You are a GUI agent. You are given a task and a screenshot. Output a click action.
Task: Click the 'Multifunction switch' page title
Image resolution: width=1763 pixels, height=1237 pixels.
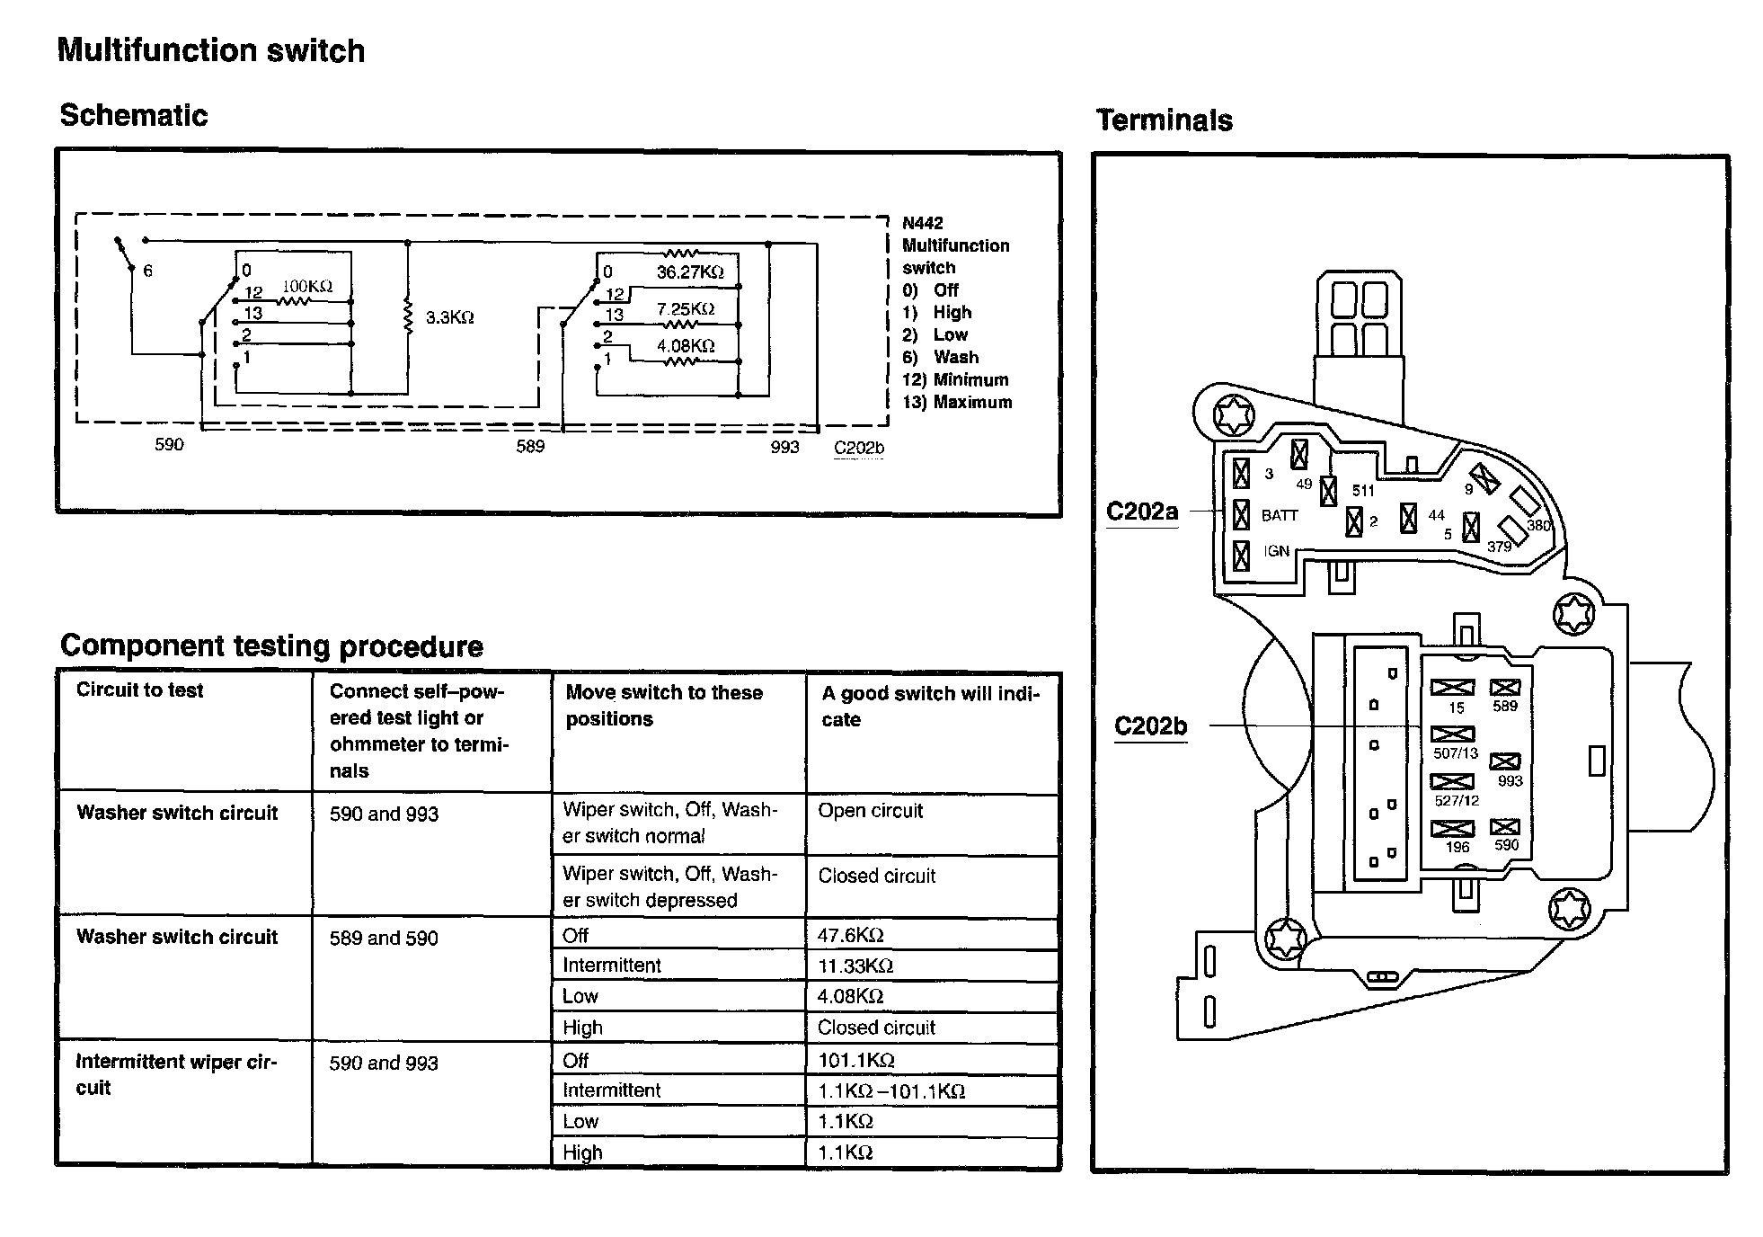click(211, 50)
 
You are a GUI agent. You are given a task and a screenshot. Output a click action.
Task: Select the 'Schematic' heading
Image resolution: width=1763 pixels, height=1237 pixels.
click(134, 115)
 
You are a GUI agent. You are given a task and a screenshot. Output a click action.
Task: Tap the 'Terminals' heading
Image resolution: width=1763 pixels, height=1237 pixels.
click(1164, 120)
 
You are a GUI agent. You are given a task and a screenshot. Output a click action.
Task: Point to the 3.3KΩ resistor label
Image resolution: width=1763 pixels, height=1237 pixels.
click(449, 317)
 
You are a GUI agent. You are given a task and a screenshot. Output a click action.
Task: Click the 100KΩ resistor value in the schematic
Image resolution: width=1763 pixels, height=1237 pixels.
click(307, 287)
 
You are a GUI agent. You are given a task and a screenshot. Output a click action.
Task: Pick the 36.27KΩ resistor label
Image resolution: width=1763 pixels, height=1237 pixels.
click(689, 271)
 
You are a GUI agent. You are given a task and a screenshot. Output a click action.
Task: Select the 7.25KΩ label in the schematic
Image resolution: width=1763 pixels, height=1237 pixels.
click(685, 308)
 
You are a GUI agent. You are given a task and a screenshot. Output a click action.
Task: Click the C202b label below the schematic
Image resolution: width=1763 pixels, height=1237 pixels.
click(859, 448)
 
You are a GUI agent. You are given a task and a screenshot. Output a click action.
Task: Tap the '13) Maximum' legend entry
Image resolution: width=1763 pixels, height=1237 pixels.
click(957, 402)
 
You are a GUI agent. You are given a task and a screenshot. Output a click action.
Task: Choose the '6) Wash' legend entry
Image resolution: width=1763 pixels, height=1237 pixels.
click(940, 357)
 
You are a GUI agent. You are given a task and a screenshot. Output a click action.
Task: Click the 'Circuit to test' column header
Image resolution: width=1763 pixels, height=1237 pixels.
click(140, 690)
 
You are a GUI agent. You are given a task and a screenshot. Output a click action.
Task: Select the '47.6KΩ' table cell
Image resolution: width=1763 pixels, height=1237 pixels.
click(850, 935)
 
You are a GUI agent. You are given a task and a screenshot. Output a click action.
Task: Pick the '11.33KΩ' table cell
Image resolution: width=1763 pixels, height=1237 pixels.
click(855, 966)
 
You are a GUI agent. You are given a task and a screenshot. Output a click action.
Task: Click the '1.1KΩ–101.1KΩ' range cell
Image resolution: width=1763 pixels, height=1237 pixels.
click(890, 1090)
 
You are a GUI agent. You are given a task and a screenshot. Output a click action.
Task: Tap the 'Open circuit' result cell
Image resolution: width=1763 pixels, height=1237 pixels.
click(870, 810)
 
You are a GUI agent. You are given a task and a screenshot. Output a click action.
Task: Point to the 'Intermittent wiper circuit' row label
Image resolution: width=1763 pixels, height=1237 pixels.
click(176, 1074)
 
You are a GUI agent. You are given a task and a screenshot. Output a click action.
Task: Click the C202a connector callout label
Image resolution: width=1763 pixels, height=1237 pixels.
click(1141, 512)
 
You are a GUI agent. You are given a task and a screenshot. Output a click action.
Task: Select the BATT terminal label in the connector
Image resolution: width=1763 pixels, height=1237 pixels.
click(1279, 515)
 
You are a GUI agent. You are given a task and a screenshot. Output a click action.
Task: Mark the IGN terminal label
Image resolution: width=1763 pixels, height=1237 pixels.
click(1276, 551)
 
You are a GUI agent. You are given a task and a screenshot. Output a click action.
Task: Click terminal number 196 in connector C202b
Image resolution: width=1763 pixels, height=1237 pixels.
click(1457, 847)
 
